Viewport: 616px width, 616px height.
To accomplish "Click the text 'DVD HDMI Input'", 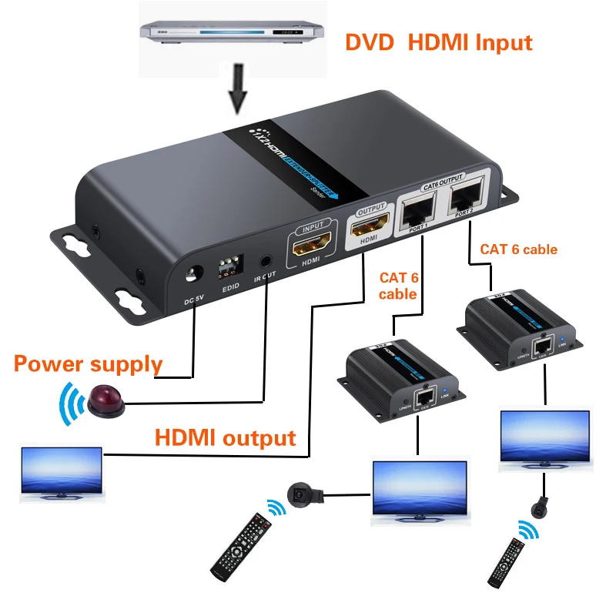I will coord(438,42).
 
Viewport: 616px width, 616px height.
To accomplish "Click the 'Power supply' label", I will coord(88,363).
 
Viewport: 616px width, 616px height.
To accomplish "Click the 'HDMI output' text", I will coord(226,438).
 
